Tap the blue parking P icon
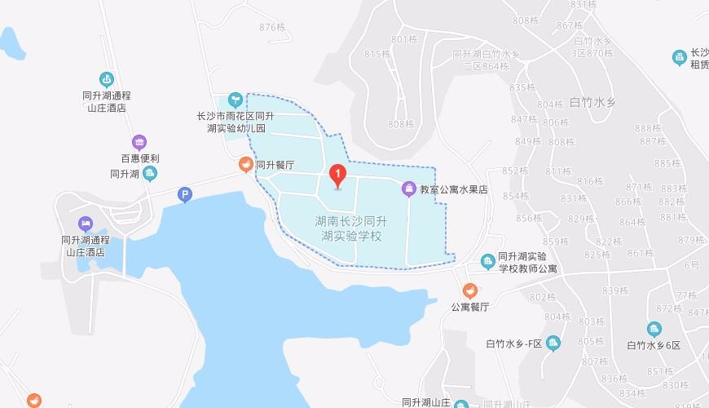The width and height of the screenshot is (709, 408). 185,194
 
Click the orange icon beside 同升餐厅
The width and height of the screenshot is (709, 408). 244,165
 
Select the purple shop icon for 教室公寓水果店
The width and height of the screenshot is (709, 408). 409,189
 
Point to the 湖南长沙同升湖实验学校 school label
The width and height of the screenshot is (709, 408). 351,228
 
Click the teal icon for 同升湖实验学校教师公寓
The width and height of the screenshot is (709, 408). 487,261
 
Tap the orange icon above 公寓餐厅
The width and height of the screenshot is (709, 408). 469,290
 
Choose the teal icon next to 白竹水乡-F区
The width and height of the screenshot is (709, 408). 553,343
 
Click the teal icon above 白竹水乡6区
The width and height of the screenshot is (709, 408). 654,329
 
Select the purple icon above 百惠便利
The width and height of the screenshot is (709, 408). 139,142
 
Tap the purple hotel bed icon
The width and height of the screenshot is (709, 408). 86,224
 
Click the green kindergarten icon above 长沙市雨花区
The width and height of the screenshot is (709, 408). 235,100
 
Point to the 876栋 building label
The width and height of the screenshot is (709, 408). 271,27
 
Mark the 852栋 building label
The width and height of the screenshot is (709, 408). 515,171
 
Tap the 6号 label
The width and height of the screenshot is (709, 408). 692,265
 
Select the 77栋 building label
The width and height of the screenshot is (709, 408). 686,295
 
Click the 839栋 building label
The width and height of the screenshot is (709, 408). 615,290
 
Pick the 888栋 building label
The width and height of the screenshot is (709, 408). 649,128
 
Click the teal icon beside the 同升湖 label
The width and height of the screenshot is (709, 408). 150,173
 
